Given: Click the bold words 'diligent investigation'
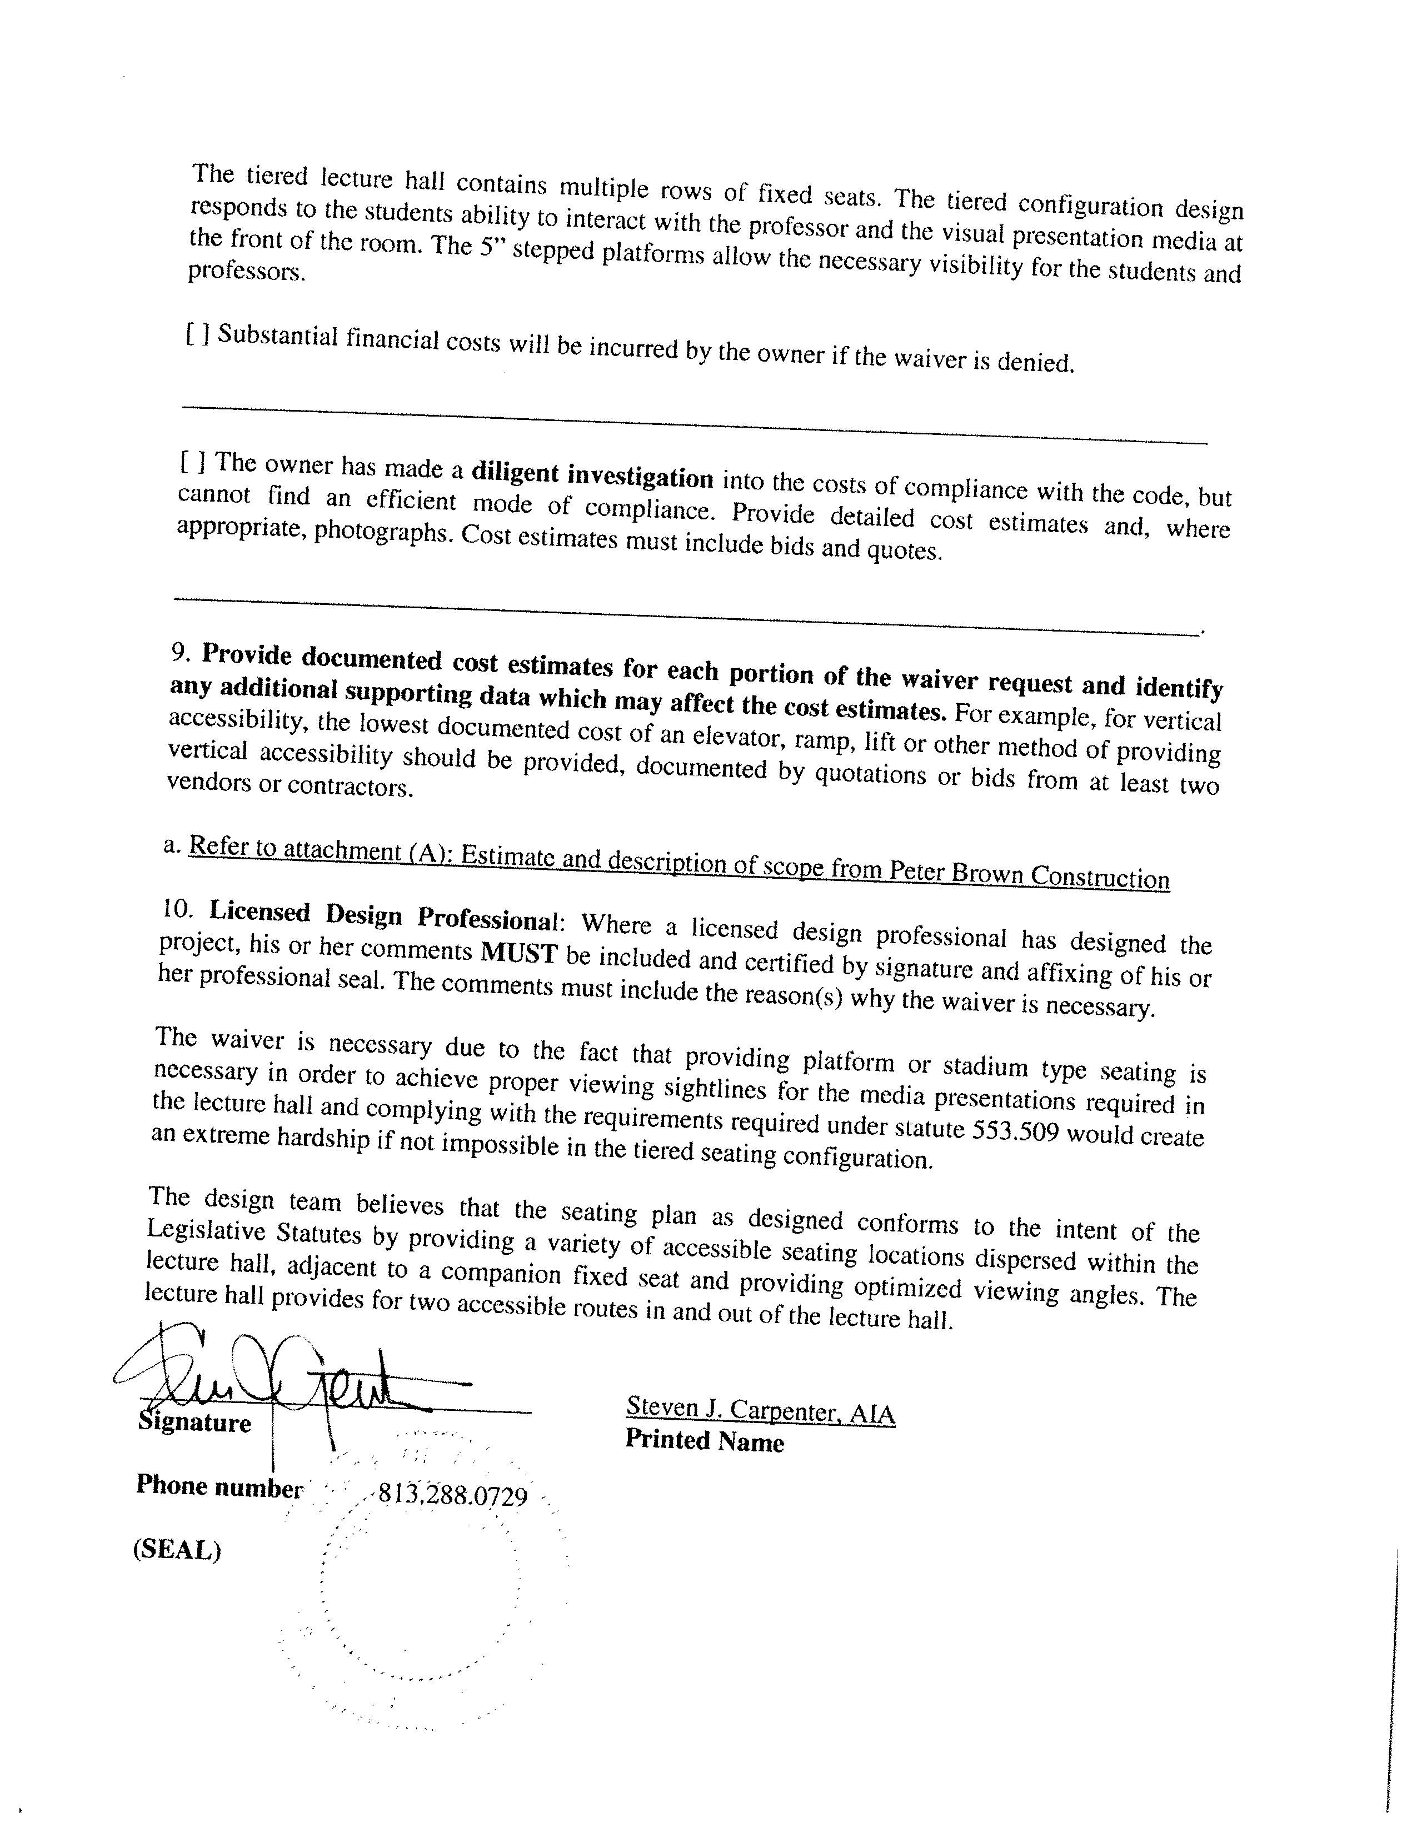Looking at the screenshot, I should coord(592,475).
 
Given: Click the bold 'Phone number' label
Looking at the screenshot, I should coord(218,1485).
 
